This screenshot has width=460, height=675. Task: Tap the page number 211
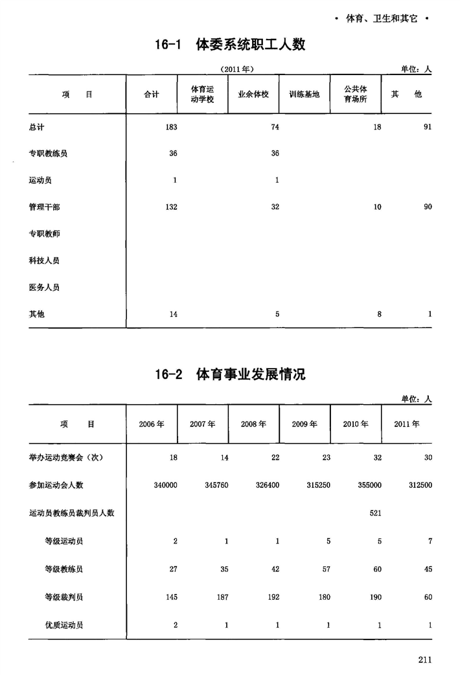coord(424,659)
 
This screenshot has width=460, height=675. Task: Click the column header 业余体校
coord(253,95)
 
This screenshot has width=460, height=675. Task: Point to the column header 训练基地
coord(304,95)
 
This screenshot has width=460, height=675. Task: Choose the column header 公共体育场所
coord(355,95)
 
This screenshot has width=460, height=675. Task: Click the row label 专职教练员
coord(49,154)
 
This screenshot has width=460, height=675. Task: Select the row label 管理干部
coord(45,207)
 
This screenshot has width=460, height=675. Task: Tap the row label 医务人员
coord(45,287)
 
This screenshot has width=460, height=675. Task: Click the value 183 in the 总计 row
coord(171,127)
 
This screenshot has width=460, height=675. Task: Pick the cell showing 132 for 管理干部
coord(171,207)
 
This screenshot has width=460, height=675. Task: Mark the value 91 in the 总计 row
coord(427,127)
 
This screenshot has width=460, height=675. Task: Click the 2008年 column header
coord(253,424)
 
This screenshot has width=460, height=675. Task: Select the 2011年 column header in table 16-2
coord(407,424)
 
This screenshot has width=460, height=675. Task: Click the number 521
coord(374,513)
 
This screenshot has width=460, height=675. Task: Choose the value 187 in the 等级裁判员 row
coord(222,597)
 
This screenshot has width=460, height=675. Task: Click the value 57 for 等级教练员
coord(326,569)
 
